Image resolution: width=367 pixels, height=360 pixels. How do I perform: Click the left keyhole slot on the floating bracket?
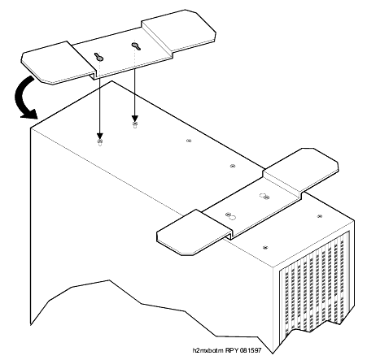(x=98, y=57)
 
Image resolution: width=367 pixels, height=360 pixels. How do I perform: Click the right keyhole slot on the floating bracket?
(x=135, y=46)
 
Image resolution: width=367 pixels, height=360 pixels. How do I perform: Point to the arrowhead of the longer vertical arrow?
(x=100, y=137)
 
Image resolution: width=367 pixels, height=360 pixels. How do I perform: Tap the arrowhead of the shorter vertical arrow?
(x=135, y=119)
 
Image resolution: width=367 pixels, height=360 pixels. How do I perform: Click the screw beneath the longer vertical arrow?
(x=100, y=142)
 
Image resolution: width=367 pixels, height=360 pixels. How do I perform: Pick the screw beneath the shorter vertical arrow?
(x=135, y=124)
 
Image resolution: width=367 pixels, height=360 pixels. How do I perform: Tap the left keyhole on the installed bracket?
(x=231, y=216)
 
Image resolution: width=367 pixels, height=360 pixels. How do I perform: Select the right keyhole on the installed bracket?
(x=264, y=196)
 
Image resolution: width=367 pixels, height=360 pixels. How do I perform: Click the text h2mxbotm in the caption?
(x=208, y=350)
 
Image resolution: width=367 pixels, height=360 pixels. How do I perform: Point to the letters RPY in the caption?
(x=232, y=350)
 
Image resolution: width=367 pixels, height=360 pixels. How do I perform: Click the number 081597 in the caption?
(x=251, y=350)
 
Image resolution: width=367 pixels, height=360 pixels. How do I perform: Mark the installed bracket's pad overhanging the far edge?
(x=301, y=168)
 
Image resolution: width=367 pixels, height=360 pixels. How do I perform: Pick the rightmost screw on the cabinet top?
(x=320, y=216)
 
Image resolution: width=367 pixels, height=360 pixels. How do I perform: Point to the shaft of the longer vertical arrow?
(x=100, y=106)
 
